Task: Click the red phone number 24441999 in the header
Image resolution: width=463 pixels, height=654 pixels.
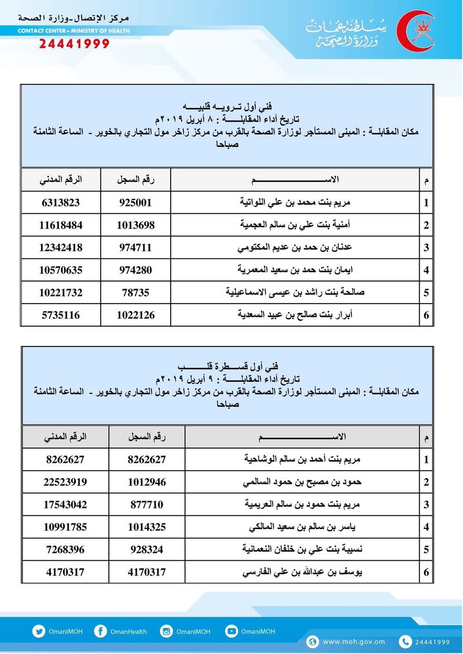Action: [74, 44]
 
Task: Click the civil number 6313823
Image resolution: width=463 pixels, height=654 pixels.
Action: [61, 202]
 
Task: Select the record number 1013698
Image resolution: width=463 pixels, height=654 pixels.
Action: [136, 225]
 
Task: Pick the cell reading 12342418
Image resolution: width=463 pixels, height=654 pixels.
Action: [61, 247]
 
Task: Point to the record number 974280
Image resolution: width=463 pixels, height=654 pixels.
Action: [136, 270]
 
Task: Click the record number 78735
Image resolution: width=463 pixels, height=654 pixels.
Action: [136, 293]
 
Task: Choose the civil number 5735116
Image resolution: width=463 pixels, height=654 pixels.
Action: [61, 315]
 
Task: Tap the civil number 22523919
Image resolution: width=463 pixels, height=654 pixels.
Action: [65, 482]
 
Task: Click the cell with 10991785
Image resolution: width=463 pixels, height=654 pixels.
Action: [65, 527]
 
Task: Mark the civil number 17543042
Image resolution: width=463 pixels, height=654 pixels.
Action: [65, 504]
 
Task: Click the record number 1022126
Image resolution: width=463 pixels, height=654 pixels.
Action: [136, 315]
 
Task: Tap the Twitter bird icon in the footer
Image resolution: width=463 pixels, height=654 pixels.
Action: [39, 631]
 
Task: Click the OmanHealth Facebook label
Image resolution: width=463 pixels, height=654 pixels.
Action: [130, 632]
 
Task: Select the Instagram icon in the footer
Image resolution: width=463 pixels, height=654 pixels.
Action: [167, 631]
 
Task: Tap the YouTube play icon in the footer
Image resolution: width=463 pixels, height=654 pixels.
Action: [231, 631]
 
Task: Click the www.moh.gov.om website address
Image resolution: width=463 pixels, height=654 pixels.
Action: [354, 641]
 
